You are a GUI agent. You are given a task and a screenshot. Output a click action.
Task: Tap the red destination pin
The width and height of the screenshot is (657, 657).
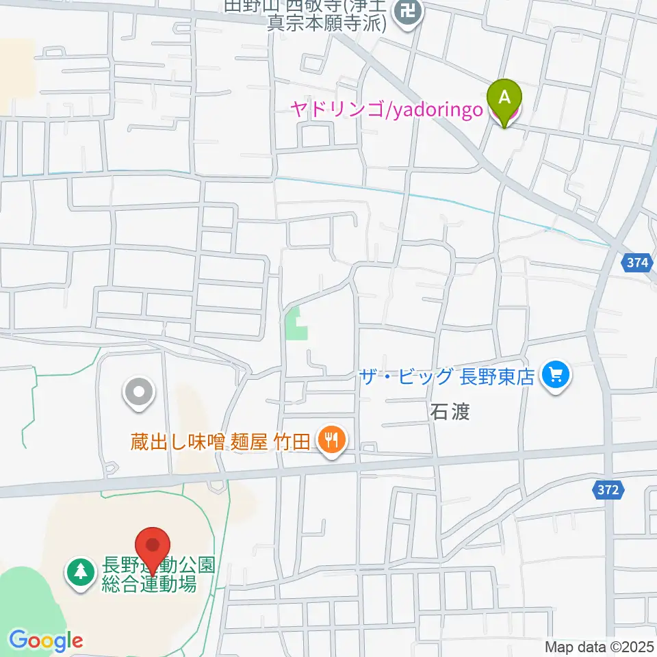coord(153,545)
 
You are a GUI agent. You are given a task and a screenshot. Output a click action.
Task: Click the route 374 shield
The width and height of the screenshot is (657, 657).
coord(637,263)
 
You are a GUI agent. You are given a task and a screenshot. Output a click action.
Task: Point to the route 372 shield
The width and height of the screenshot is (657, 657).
coord(606,490)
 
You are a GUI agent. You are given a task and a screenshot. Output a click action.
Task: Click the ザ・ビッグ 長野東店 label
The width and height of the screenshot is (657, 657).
coord(448,376)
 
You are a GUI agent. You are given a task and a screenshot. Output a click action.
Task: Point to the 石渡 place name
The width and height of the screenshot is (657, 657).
coord(450,412)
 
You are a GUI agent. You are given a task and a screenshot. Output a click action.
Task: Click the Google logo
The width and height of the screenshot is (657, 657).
coord(46,641)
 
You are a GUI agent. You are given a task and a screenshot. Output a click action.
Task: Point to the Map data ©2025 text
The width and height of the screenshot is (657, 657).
coord(600,646)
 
